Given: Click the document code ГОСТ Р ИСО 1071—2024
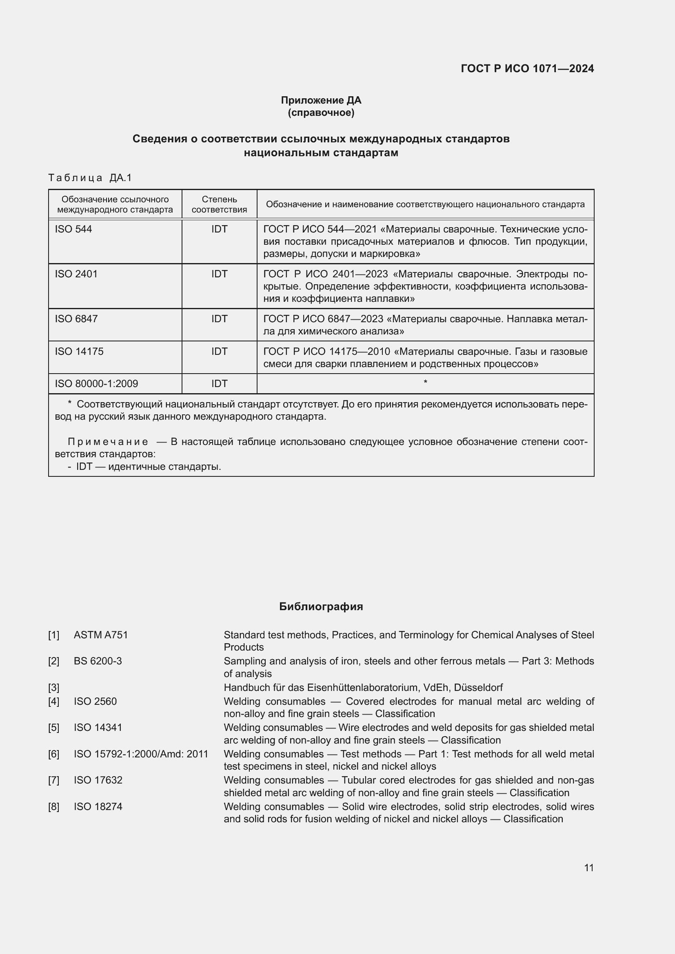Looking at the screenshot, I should (527, 69).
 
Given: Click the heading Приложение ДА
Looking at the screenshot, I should (321, 100).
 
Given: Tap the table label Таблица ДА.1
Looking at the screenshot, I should (90, 178).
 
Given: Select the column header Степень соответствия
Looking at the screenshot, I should (219, 204).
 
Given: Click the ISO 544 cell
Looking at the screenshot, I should (73, 229).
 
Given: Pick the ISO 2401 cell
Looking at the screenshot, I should (76, 274).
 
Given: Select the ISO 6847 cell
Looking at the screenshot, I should (76, 319).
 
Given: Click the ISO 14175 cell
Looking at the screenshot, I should (79, 352).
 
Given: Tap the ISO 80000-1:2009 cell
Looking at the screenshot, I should (96, 383).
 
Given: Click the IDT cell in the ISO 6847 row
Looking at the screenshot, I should (219, 319).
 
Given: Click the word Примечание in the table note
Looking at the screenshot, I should (108, 442).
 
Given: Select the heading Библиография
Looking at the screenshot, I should (321, 606).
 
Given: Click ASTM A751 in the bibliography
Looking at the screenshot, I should (100, 635).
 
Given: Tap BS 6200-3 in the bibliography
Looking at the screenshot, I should (98, 661).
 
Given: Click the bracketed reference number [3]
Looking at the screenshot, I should (53, 688).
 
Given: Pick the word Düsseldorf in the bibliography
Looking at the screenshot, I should (478, 688).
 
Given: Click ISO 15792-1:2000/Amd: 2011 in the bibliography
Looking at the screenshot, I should (141, 754).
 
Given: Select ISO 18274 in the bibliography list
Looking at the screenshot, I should (98, 807).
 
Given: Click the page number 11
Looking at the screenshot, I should (588, 868).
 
